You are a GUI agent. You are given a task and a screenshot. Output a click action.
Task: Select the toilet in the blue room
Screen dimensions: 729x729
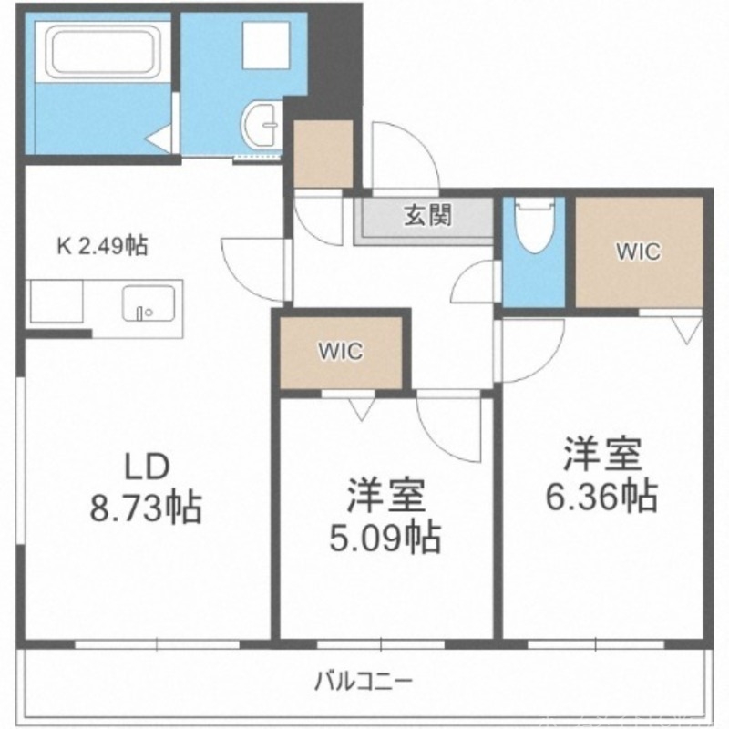point(533,228)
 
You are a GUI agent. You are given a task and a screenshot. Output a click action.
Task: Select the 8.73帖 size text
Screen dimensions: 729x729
point(147,507)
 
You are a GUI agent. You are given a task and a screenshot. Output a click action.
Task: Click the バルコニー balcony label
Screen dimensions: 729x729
point(365,679)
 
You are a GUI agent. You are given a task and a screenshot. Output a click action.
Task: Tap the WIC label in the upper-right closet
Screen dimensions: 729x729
point(637,252)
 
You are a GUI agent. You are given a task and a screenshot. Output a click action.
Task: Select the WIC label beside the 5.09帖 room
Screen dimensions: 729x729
point(340,351)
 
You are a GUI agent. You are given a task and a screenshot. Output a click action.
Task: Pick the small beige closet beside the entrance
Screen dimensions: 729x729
point(323,152)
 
